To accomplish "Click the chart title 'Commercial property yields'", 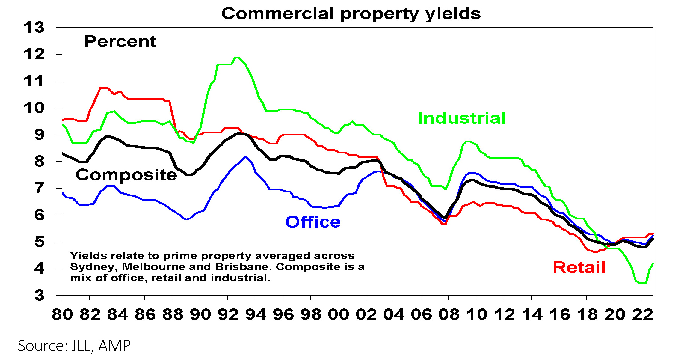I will tap(351, 14).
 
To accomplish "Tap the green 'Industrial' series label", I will tap(462, 118).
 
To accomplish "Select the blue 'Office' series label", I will tap(313, 222).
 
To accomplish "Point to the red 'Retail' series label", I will tap(579, 267).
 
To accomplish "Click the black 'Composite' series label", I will tap(126, 175).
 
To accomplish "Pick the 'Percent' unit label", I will tap(120, 41).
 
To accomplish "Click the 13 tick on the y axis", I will tap(34, 28).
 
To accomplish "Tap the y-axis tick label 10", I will tap(34, 108).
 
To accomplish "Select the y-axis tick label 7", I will tap(39, 188).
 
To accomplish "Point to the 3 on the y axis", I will tap(39, 295).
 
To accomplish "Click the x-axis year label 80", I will tap(62, 314).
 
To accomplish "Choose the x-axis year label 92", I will tap(228, 314).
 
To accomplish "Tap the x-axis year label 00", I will tap(338, 314).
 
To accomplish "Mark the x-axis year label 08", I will tap(449, 314).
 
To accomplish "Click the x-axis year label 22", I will tap(642, 314).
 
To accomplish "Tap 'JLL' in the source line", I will tap(81, 346).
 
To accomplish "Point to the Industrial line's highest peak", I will tap(237, 57).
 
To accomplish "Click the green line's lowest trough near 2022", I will tap(646, 283).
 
